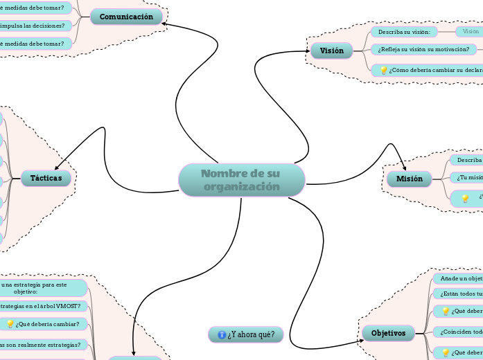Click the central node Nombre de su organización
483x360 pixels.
tap(241, 180)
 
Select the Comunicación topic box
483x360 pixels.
tap(126, 17)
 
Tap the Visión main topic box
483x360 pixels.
tap(331, 51)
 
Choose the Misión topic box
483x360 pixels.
tap(409, 179)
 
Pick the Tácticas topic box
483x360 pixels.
tap(46, 179)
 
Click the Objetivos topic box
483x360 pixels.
tap(388, 333)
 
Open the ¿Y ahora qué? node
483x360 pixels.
tap(246, 335)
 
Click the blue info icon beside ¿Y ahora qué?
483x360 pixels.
tap(222, 335)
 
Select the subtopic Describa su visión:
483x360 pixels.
tap(404, 32)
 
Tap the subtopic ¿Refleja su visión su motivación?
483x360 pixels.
tap(423, 49)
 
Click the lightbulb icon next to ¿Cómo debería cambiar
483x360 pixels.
tap(383, 70)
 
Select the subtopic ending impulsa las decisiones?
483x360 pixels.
tap(35, 26)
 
